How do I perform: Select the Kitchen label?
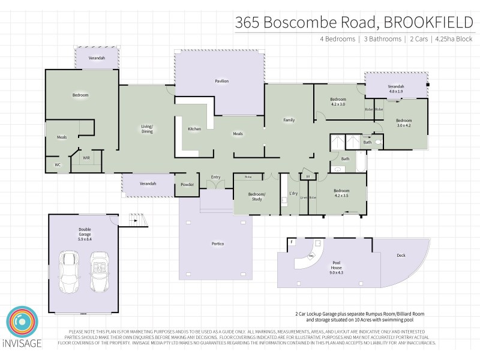coord(194,129)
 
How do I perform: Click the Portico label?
coord(218,244)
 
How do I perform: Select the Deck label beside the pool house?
coord(401,256)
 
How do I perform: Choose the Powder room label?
coord(187,184)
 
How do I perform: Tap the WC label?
coord(58,164)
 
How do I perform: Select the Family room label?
coord(289,120)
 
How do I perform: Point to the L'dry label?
coord(294,193)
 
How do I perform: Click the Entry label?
coord(215,177)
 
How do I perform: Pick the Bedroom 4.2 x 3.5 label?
coord(341,193)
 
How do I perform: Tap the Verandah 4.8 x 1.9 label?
coord(396,88)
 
